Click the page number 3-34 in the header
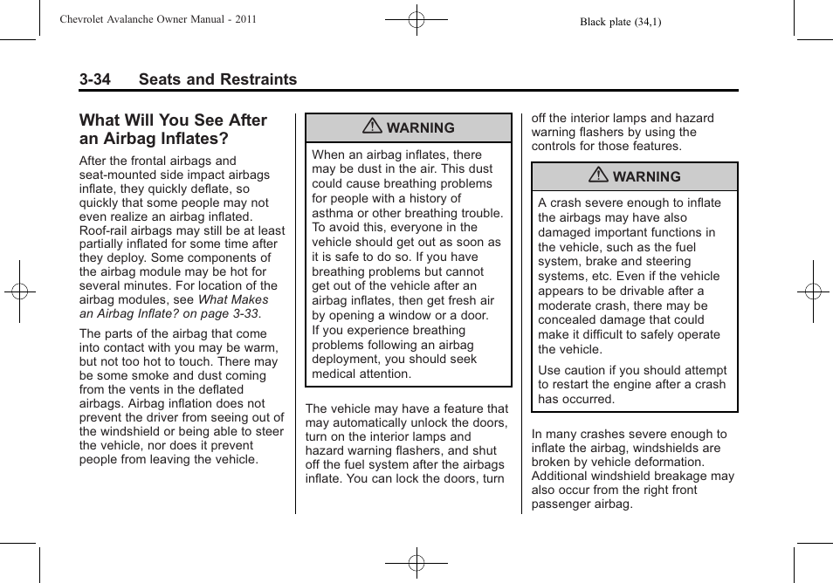click(x=94, y=79)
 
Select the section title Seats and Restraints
click(x=217, y=79)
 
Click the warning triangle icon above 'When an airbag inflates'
click(x=372, y=127)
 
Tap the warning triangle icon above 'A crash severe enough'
click(x=598, y=175)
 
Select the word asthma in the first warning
click(x=334, y=213)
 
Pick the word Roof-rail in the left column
click(x=104, y=231)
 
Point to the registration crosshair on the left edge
click(x=19, y=291)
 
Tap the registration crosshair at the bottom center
click(x=416, y=563)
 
